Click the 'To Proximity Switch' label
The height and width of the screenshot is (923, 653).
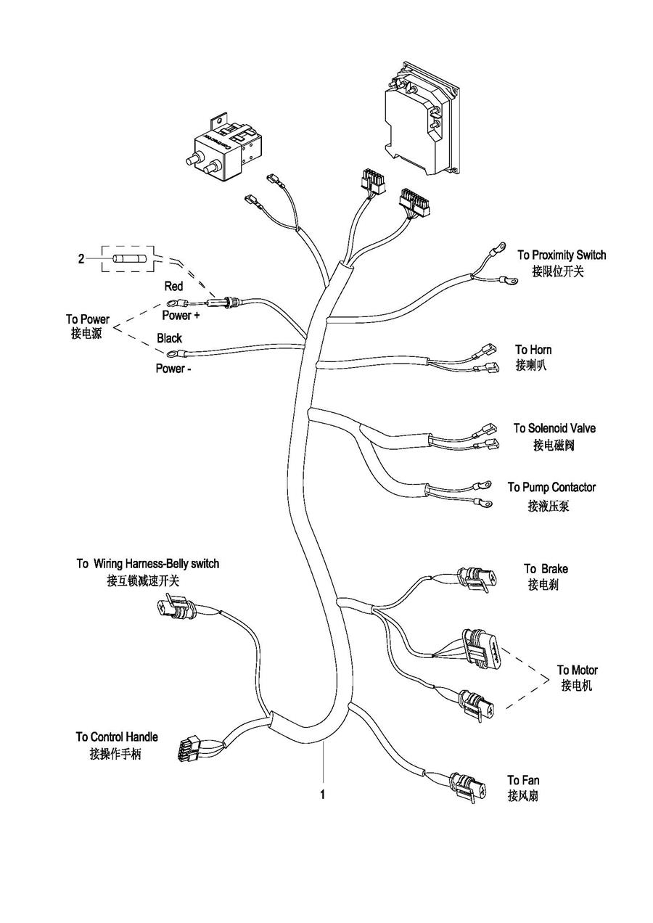click(561, 255)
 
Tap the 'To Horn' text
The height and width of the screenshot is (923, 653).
click(533, 350)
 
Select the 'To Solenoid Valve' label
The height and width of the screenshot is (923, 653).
click(554, 429)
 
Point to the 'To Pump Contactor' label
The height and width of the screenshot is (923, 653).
click(551, 488)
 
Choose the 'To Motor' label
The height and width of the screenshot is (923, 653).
click(577, 670)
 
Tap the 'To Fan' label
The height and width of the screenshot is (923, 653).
click(523, 781)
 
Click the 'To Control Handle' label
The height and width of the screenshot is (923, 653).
click(116, 737)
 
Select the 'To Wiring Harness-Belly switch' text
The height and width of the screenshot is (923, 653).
click(147, 564)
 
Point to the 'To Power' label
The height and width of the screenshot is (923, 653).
click(87, 319)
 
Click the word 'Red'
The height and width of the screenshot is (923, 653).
click(173, 287)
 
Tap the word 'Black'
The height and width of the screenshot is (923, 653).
click(169, 338)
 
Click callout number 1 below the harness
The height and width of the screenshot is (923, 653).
click(322, 795)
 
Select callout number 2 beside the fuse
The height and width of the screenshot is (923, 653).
click(81, 258)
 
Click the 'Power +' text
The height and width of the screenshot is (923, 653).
click(181, 316)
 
